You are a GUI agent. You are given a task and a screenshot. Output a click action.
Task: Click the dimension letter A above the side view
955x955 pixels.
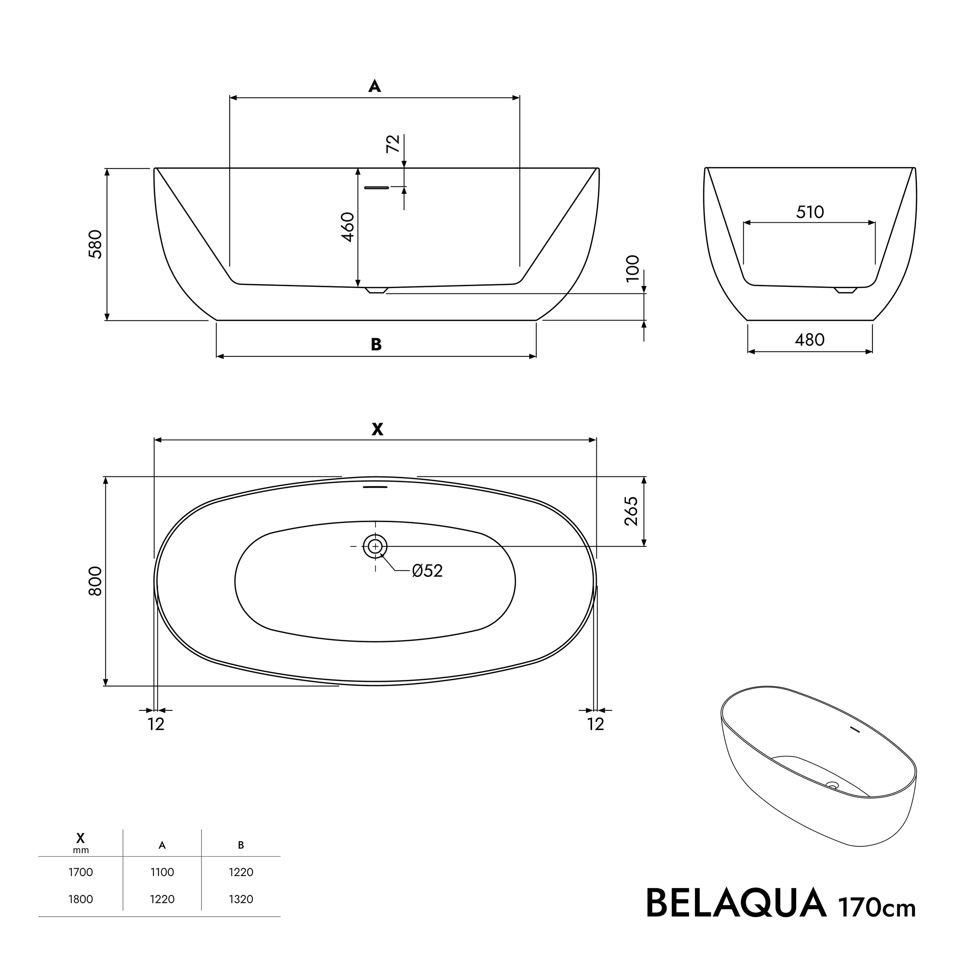375,87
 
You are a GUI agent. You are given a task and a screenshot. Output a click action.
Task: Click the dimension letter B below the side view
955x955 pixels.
376,345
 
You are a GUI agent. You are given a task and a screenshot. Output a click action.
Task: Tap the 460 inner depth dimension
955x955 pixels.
348,227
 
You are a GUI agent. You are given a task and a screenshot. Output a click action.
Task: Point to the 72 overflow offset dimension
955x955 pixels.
393,144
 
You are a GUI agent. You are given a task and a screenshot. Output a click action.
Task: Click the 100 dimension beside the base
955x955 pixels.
633,269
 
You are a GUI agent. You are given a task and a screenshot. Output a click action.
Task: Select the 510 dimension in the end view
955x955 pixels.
810,212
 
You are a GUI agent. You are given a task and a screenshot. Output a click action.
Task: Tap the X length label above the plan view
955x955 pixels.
377,429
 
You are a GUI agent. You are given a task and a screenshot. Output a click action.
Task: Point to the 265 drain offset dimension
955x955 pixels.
631,511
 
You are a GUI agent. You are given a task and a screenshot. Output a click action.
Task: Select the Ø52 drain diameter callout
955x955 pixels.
427,571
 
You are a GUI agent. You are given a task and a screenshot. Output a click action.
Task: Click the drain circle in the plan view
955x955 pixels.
375,546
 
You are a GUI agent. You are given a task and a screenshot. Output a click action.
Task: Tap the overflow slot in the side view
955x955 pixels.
377,188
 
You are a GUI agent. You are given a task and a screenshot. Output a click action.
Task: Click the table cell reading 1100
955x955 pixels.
162,886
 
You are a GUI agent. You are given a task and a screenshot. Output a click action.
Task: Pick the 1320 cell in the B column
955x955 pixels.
241,913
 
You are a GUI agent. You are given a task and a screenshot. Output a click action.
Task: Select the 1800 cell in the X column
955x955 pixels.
81,913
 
